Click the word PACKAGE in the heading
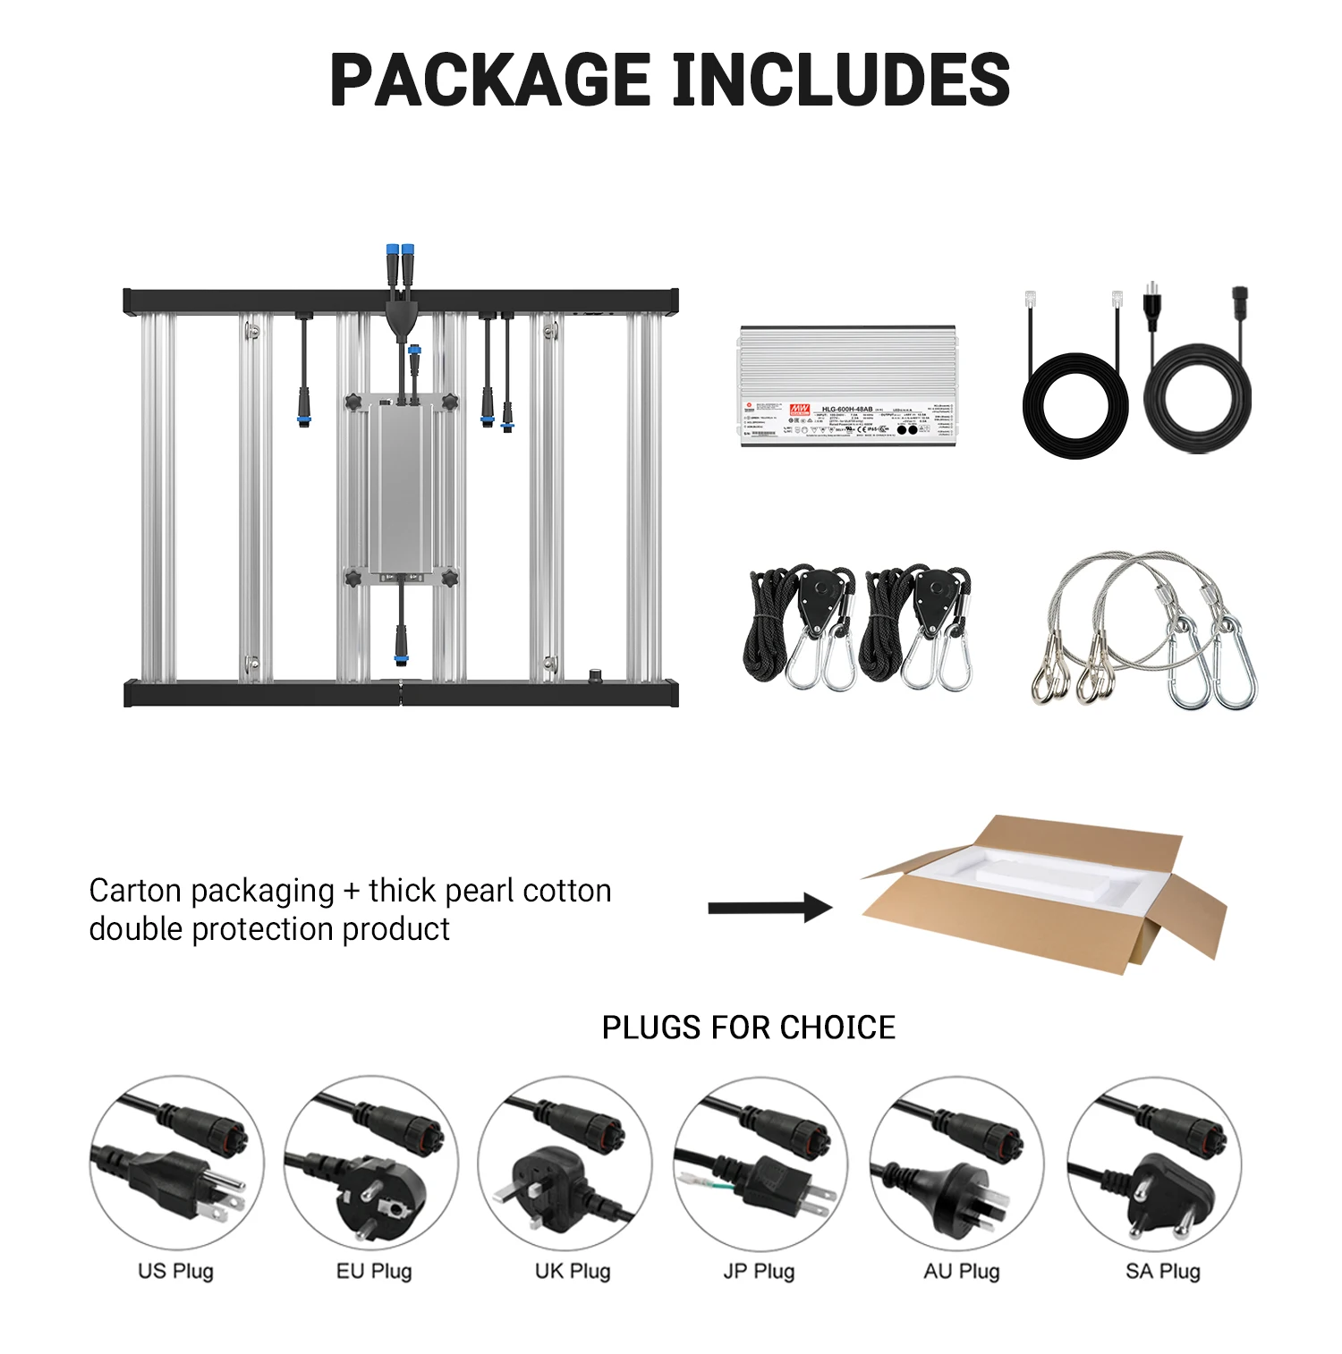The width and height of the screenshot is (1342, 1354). (489, 80)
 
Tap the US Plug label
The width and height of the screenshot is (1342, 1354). (175, 1271)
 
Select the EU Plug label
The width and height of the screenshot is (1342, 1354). (374, 1271)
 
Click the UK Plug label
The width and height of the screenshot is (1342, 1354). (573, 1271)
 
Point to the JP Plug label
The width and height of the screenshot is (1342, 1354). (759, 1271)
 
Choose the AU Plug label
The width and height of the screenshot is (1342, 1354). (962, 1271)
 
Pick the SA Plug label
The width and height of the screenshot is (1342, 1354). (1163, 1271)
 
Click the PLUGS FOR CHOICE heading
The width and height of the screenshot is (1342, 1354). (748, 1028)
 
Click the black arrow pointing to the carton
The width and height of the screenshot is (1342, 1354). (769, 908)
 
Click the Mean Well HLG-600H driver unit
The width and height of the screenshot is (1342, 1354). (847, 386)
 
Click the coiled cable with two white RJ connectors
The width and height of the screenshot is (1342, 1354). (1074, 402)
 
